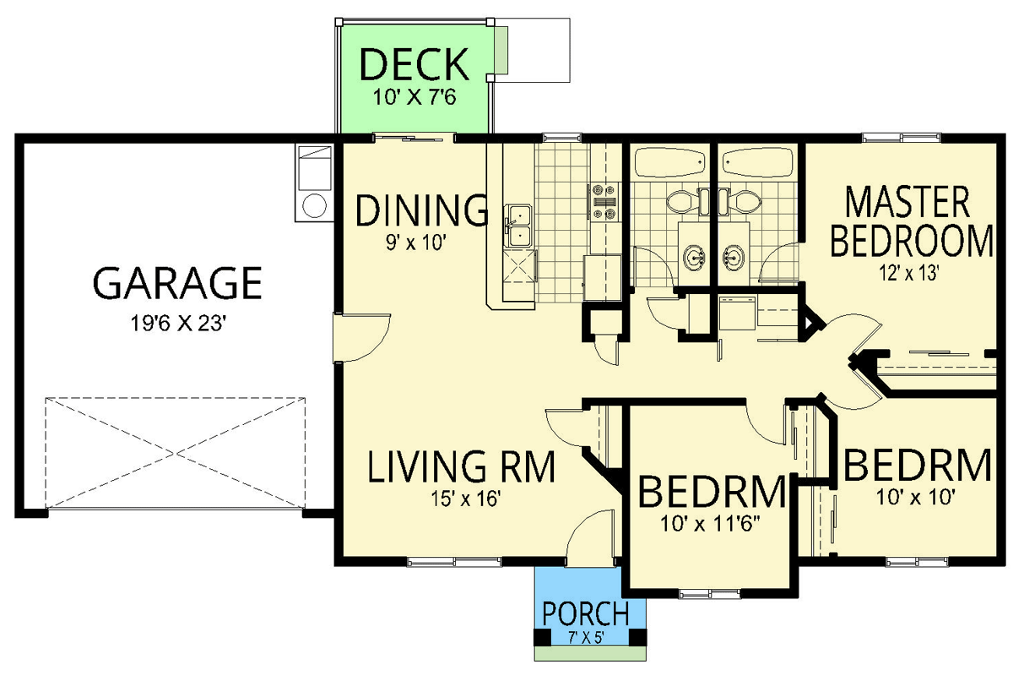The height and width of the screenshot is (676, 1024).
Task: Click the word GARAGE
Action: tap(176, 284)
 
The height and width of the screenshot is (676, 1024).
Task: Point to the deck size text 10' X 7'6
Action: tap(414, 95)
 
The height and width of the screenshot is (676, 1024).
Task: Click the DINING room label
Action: tap(421, 211)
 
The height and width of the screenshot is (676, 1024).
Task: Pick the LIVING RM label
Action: tap(462, 467)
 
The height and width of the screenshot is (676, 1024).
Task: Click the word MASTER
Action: tap(908, 204)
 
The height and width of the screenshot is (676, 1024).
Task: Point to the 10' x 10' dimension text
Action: tap(915, 498)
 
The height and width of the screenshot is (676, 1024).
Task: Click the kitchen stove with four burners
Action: tap(604, 203)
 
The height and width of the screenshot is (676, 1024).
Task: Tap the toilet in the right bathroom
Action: tap(742, 202)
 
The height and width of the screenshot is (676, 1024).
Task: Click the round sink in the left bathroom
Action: tap(694, 256)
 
